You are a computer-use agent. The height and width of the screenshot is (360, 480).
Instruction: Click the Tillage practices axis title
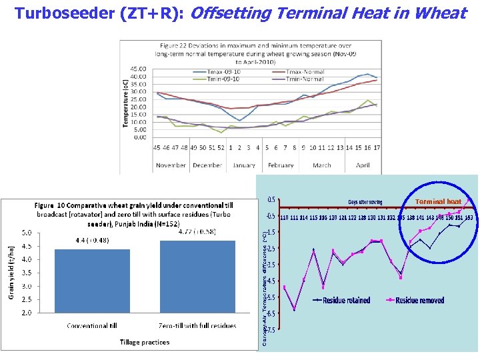[145, 342]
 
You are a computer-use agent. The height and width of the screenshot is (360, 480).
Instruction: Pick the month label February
[281, 165]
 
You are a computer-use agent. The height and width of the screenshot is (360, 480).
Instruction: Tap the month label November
[171, 165]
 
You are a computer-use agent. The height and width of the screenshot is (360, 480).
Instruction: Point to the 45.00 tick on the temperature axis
[138, 68]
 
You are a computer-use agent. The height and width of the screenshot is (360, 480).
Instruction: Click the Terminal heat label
[438, 201]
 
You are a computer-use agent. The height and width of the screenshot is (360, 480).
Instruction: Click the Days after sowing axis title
[365, 201]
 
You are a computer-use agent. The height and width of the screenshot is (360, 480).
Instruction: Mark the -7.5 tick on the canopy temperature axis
[271, 329]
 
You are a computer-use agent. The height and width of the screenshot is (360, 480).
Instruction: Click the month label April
[362, 165]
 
